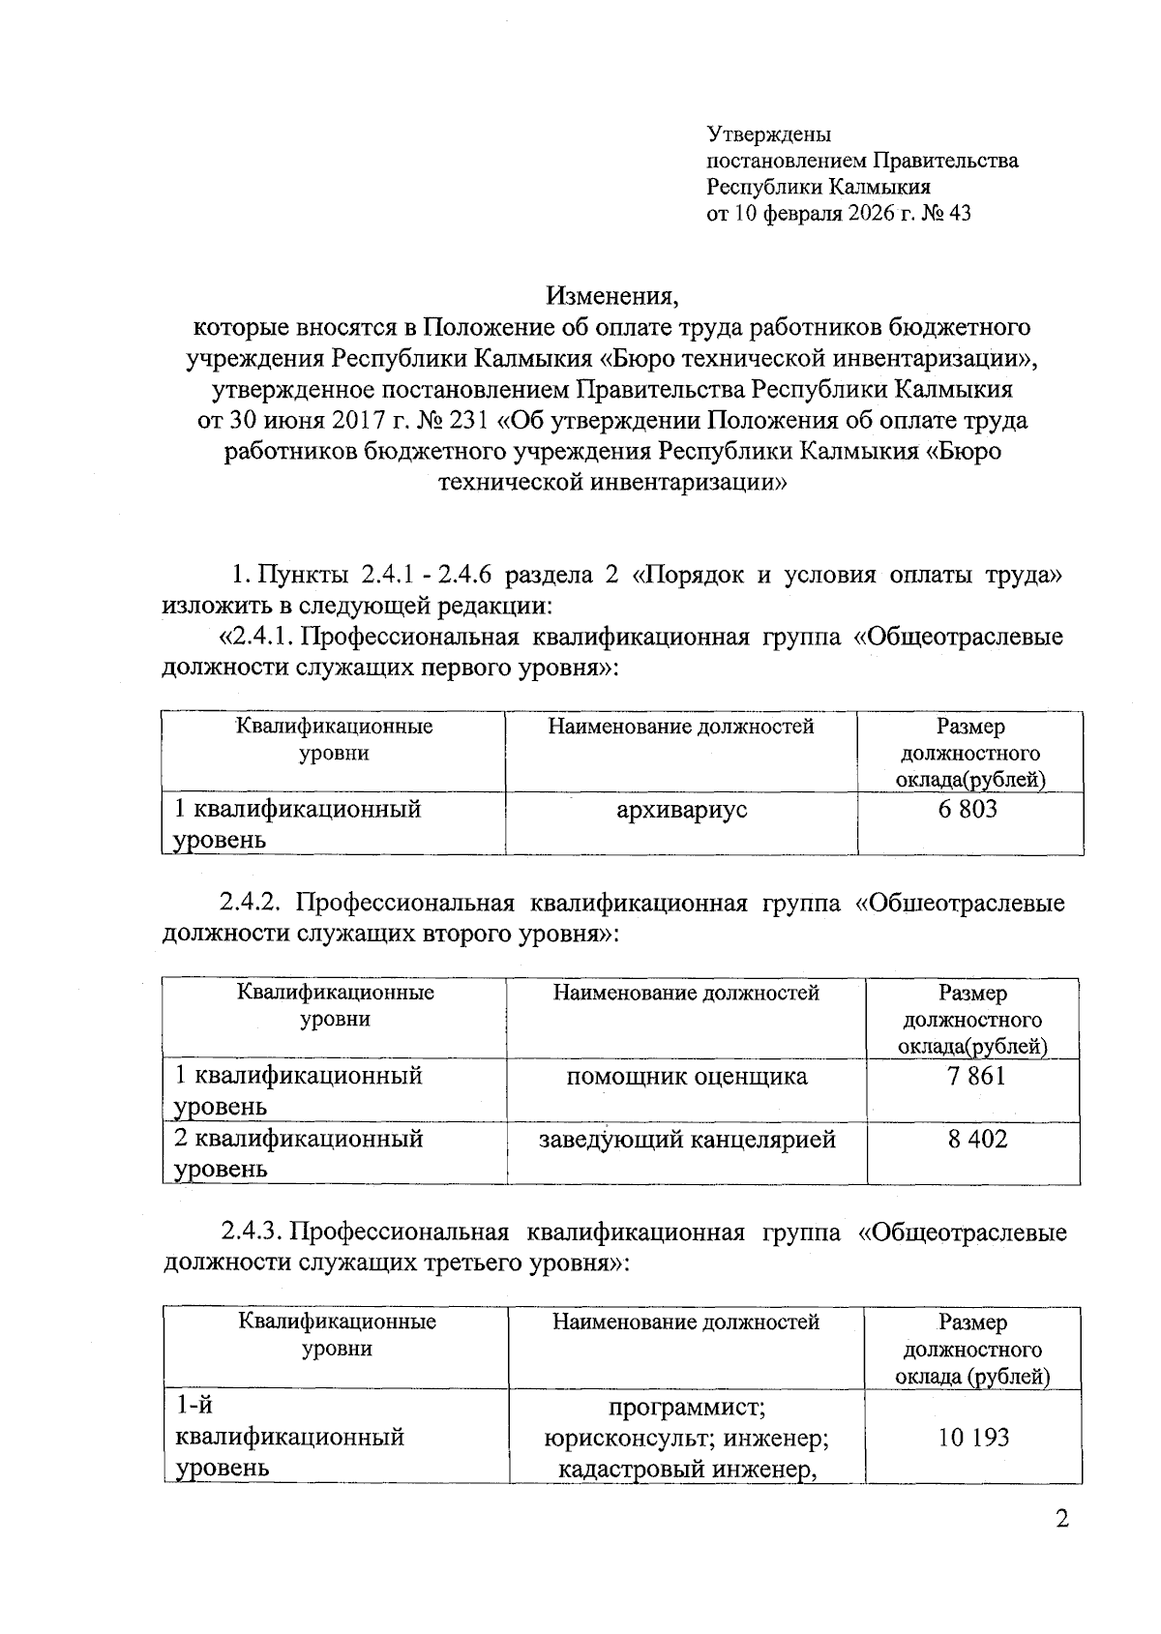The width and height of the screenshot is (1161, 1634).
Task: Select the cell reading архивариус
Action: click(682, 810)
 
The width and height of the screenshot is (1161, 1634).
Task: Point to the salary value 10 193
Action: click(972, 1437)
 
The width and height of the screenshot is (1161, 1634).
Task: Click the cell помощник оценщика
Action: click(687, 1076)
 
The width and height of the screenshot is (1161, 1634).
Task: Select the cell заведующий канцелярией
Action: click(687, 1140)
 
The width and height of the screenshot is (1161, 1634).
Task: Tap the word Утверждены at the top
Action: click(769, 134)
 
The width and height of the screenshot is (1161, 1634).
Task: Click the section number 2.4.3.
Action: click(252, 1233)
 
